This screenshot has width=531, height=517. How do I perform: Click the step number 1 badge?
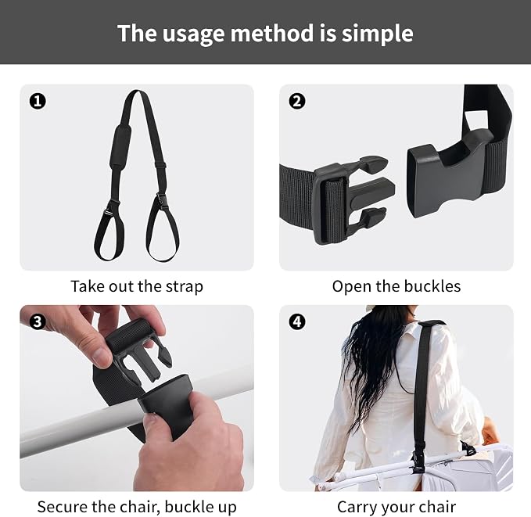(38, 101)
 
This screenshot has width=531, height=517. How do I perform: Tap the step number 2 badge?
(297, 101)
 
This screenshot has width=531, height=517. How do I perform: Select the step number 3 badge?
(38, 321)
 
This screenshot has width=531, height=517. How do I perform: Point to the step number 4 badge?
(297, 321)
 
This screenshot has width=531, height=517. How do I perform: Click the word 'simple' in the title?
(377, 34)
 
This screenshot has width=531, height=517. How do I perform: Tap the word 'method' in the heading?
(272, 33)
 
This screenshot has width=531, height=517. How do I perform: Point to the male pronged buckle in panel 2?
(352, 200)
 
